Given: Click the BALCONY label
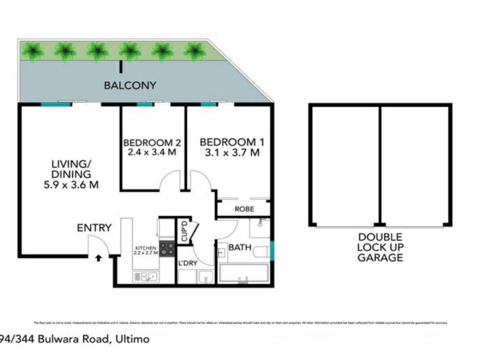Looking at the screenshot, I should [130, 85].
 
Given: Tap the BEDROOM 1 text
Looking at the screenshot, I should [232, 142].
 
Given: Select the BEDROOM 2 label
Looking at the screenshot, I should [152, 143].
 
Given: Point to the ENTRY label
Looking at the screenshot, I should [94, 228].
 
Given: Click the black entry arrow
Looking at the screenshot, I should [98, 258].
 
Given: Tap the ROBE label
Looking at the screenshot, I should [244, 209].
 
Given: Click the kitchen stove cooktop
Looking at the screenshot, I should [167, 249].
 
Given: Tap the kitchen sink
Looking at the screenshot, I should [146, 276].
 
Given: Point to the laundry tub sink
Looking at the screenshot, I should [205, 277].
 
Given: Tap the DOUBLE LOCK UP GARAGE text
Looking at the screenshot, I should [380, 247].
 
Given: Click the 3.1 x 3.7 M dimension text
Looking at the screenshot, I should [232, 152].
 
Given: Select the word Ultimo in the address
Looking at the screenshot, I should [130, 339].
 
